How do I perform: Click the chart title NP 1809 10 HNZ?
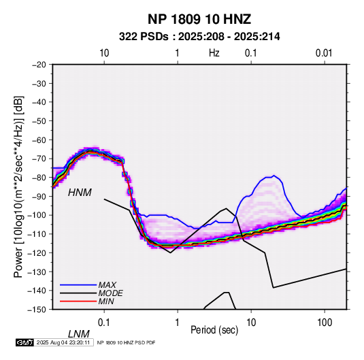tap(199, 19)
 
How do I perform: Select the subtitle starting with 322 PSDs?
tap(199, 37)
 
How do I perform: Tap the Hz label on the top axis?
tap(214, 53)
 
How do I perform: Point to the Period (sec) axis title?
tap(214, 330)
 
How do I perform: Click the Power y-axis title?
tap(18, 186)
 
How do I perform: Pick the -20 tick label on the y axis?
tap(39, 65)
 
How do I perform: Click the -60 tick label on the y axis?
tap(39, 140)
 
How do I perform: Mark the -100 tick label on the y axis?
tap(37, 215)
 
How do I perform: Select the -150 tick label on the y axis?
tap(37, 310)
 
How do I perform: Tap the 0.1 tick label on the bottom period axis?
tap(104, 323)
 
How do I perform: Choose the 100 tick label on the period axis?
tap(325, 323)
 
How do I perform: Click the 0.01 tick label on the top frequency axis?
tap(324, 53)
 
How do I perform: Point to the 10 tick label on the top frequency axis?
tap(104, 53)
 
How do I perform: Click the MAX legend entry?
tap(107, 285)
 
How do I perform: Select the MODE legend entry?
tap(110, 293)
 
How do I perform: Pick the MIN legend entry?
tap(106, 301)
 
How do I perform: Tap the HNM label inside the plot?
tap(80, 193)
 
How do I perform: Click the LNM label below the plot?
tap(79, 334)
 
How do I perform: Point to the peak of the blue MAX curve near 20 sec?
tap(274, 176)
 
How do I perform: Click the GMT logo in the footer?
tap(24, 342)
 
